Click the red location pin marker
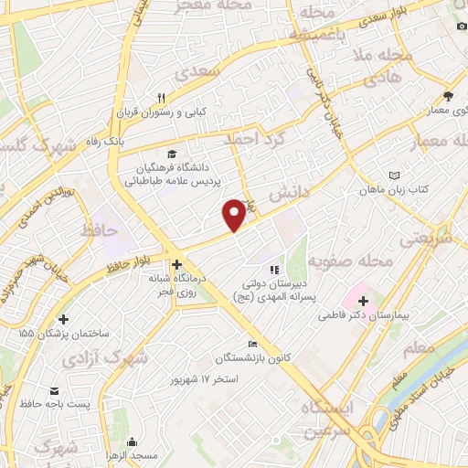tap(235, 214)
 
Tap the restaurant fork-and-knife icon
tap(162, 97)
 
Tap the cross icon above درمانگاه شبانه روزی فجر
tap(176, 264)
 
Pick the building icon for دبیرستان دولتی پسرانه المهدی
tap(271, 270)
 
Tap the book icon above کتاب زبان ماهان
tap(394, 175)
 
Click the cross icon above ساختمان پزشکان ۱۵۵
tap(62, 320)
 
